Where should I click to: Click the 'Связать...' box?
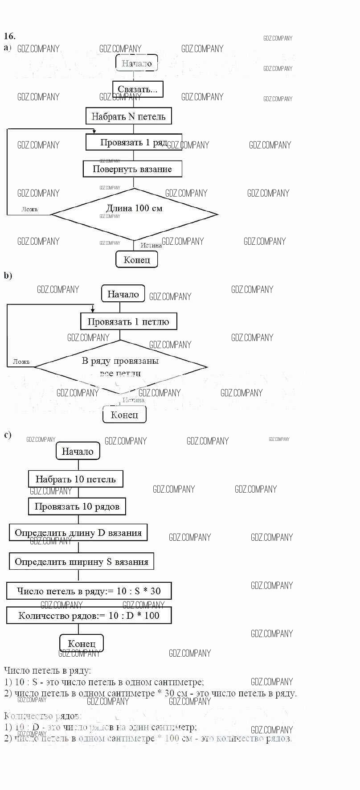coord(137,90)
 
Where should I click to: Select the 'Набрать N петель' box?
coord(128,116)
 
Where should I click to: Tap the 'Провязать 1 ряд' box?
coord(134,142)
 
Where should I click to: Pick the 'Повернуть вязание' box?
coord(132,169)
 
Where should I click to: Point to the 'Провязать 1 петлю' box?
coord(128,321)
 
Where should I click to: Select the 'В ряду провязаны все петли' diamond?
coord(120,367)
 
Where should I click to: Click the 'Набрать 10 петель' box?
coord(75,479)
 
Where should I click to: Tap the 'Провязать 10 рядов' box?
coord(77,506)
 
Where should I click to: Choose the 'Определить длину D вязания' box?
coord(78,533)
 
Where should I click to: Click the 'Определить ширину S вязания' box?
coord(81,562)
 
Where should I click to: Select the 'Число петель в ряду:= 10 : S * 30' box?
coord(89,591)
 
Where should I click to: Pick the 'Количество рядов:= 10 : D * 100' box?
coord(89,616)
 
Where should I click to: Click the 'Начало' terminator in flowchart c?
coord(78,451)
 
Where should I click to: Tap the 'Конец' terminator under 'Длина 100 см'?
coord(137,259)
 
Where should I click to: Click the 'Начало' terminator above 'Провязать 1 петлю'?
coord(123,294)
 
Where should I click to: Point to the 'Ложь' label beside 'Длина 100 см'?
coord(30,209)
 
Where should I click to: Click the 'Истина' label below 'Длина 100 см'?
coord(151,245)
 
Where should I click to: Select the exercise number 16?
coord(9,36)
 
